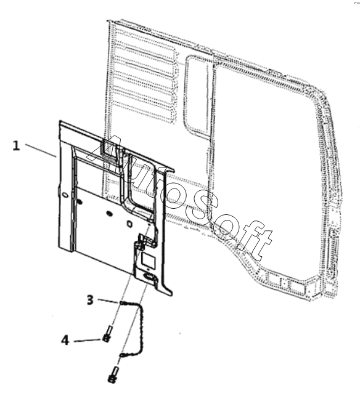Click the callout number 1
coord(16,146)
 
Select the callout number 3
coord(90,300)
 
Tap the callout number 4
coord(65,340)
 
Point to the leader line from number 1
coord(41,150)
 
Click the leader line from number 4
coord(88,341)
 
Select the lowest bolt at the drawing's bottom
coord(113,374)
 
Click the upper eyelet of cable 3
coord(121,302)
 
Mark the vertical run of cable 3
coord(142,328)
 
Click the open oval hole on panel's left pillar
coord(65,195)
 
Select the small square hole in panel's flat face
coord(129,224)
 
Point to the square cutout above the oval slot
coord(148,261)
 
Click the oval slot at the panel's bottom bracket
coord(149,277)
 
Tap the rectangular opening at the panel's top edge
coord(108,150)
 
